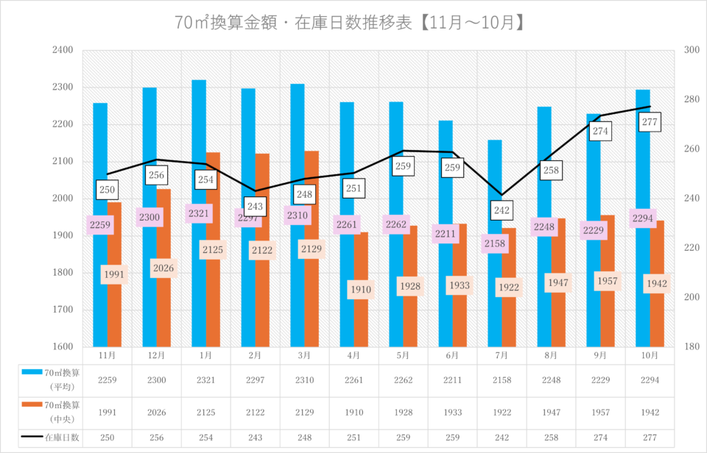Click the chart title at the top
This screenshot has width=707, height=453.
(x=351, y=23)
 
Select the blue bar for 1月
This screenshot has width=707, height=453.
(x=199, y=147)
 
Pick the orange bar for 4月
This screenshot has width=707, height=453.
(x=361, y=324)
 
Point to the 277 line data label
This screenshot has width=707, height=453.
(x=649, y=123)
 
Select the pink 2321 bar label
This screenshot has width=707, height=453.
(x=199, y=214)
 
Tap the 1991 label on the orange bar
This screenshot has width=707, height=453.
(x=114, y=275)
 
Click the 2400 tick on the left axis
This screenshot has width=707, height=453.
(x=63, y=50)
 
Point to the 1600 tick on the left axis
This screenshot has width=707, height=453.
(x=63, y=346)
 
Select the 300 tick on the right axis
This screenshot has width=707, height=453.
(x=691, y=50)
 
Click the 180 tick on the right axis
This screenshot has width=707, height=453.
(x=691, y=346)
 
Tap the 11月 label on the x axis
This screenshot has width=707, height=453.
(x=107, y=355)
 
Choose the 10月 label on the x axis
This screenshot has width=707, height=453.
(x=649, y=355)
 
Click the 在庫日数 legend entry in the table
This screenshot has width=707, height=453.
(x=62, y=438)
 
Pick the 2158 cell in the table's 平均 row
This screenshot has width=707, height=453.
(x=502, y=379)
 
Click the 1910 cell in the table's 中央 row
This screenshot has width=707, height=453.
(x=353, y=413)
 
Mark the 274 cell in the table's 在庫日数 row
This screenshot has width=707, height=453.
(x=599, y=438)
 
